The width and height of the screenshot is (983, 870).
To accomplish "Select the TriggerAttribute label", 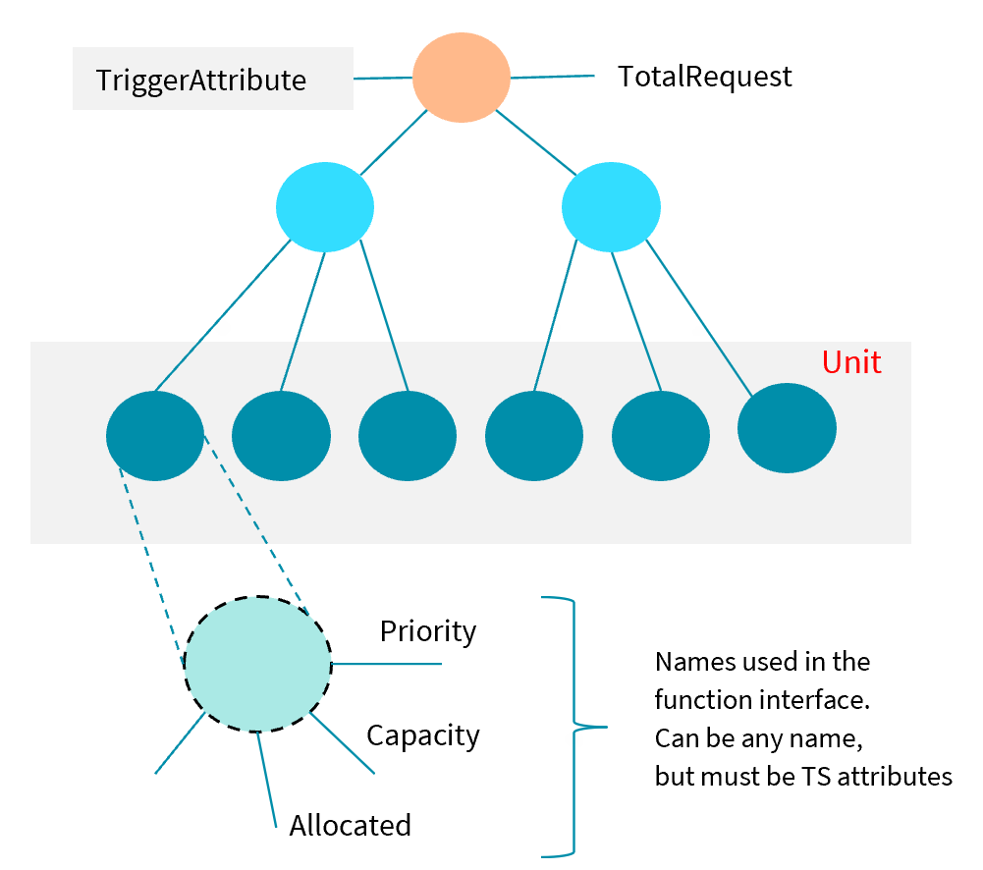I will pos(201,80).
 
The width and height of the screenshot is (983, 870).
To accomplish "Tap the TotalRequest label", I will pos(704,76).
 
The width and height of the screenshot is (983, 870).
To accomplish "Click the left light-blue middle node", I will pos(325,206).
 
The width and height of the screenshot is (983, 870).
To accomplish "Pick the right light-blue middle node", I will pos(611,206).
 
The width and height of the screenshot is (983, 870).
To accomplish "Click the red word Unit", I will pos(851,362).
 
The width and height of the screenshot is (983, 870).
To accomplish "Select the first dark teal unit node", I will pos(154,435).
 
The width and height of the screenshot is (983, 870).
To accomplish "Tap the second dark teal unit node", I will pos(281,435).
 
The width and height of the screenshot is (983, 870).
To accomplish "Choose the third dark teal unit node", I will pos(408,435).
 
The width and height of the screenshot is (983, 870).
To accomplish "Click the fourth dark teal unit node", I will pos(534,435).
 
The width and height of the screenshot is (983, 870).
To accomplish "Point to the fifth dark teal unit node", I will pos(661,435).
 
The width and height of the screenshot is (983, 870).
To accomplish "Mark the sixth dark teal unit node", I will pos(787,427).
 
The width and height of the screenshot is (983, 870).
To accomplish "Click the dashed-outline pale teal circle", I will pos(257,664).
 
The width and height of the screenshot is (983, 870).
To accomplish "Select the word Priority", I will pos(428,630).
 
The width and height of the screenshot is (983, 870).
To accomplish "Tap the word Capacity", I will pos(423,734).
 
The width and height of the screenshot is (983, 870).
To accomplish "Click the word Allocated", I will pos(350,825).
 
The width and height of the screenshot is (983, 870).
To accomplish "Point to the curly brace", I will pos(573,727).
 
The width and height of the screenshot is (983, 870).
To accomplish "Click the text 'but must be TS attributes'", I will pos(803,776).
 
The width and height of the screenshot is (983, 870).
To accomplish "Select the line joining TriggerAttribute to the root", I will pos(383,78).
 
